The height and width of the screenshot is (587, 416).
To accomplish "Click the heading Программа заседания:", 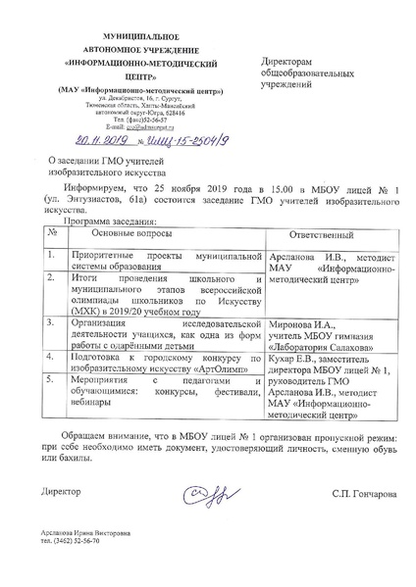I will coord(103,220).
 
